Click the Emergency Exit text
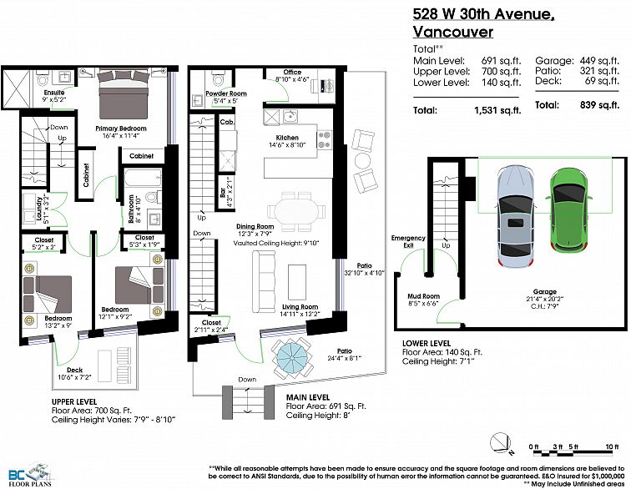click(x=408, y=242)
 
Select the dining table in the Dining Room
click(x=296, y=211)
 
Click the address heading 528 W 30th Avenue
click(x=484, y=14)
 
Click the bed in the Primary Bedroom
click(x=121, y=89)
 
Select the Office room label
click(x=292, y=73)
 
